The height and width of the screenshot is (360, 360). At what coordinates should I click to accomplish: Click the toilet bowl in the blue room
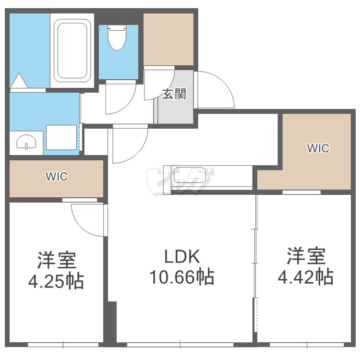pyautogui.click(x=117, y=38)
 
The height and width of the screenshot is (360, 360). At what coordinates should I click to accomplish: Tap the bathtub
pyautogui.click(x=72, y=50)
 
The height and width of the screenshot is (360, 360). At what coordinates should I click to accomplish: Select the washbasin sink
pyautogui.click(x=26, y=142)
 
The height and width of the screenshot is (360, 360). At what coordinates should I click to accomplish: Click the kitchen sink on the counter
pyautogui.click(x=190, y=175)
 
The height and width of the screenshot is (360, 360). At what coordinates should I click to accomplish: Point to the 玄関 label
pyautogui.click(x=174, y=94)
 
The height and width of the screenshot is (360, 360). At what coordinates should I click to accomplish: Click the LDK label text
pyautogui.click(x=182, y=256)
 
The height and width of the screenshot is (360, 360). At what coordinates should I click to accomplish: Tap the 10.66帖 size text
pyautogui.click(x=182, y=277)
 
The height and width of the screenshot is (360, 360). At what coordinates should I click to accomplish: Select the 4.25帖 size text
pyautogui.click(x=56, y=281)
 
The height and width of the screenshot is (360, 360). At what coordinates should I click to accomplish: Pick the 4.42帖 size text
pyautogui.click(x=306, y=277)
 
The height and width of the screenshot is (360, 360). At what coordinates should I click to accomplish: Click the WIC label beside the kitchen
pyautogui.click(x=318, y=148)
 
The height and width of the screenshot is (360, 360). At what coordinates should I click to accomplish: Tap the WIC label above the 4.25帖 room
pyautogui.click(x=57, y=176)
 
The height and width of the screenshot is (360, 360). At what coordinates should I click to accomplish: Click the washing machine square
pyautogui.click(x=61, y=137)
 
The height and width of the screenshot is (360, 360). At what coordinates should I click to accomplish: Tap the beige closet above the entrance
pyautogui.click(x=168, y=39)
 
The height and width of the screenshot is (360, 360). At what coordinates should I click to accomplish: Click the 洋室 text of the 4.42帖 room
pyautogui.click(x=306, y=256)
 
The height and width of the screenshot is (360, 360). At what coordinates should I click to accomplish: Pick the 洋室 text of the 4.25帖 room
pyautogui.click(x=57, y=260)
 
